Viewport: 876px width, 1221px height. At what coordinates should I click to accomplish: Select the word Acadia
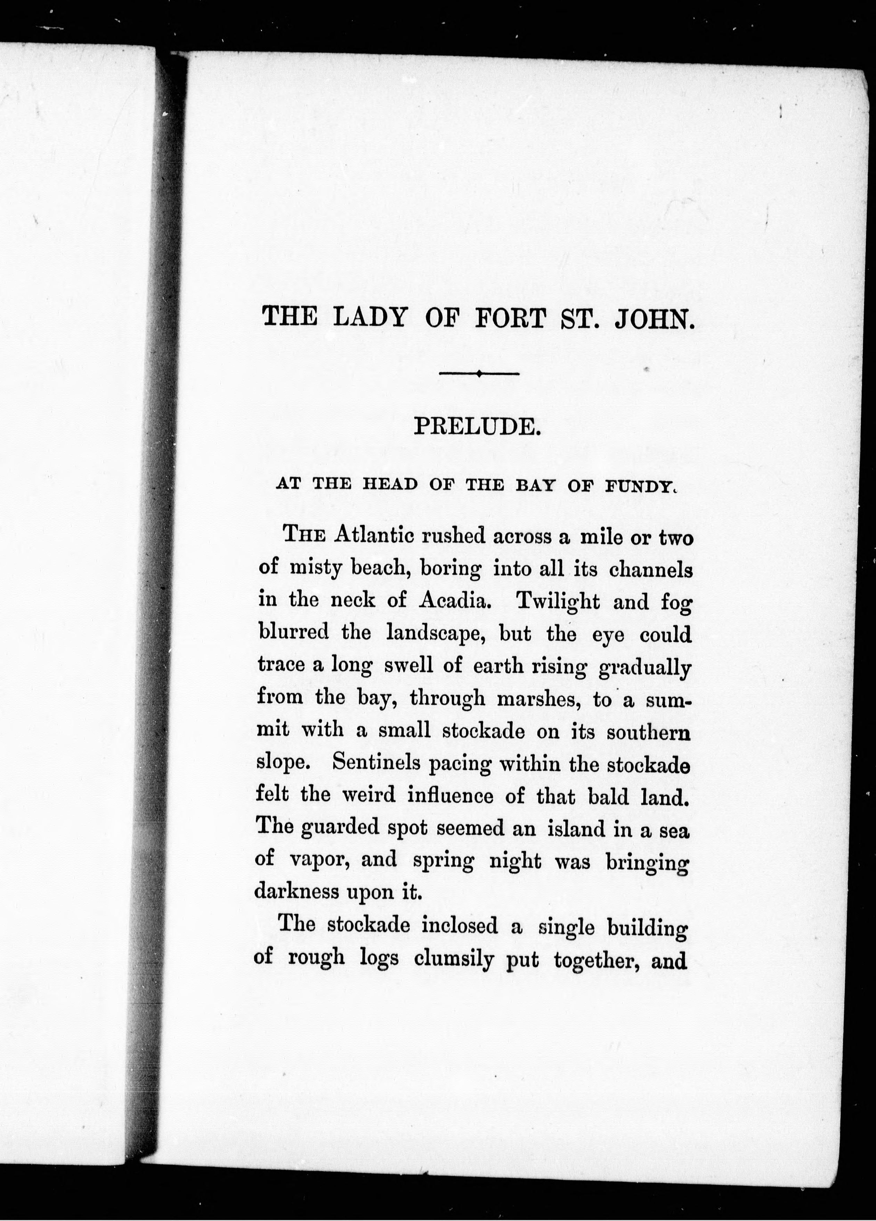pos(454,601)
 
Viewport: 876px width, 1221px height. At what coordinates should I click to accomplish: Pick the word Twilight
pos(557,601)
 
